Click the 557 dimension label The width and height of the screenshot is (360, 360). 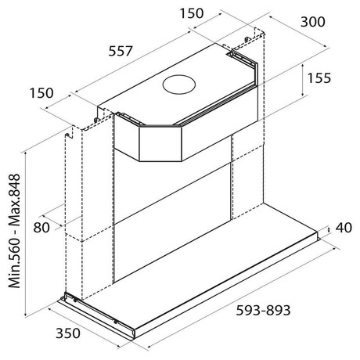click(x=121, y=51)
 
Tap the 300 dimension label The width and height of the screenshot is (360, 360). click(x=313, y=22)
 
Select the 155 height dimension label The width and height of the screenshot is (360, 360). click(x=319, y=78)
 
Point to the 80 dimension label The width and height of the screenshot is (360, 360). click(x=41, y=228)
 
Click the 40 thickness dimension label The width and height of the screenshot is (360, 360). click(x=344, y=228)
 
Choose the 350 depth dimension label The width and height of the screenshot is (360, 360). click(x=68, y=333)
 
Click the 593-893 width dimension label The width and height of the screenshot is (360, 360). click(x=263, y=311)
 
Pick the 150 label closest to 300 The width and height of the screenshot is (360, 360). click(x=192, y=13)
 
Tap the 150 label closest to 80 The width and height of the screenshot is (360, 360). click(x=41, y=93)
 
